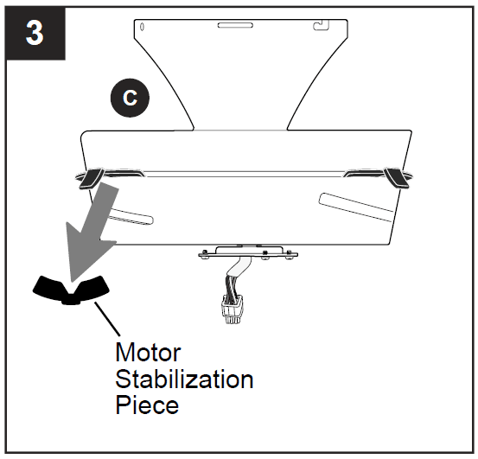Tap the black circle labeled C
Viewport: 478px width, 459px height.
click(x=130, y=98)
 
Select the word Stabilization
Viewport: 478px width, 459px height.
click(x=184, y=379)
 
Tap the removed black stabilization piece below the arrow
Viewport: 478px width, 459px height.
click(x=71, y=289)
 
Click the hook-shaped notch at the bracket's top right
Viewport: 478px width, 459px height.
click(x=322, y=18)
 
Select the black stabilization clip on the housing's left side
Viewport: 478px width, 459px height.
click(x=89, y=179)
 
